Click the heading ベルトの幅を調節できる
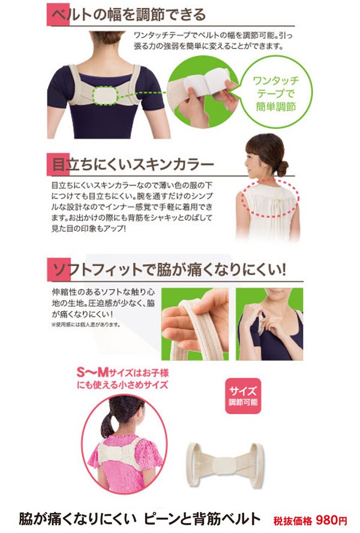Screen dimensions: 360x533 coord(128,14)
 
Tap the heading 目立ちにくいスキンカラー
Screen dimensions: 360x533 coord(133,164)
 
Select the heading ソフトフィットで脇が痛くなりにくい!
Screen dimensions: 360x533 coord(169,270)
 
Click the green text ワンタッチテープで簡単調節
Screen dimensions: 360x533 coord(276,94)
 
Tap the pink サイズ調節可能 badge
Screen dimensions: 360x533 coord(243,396)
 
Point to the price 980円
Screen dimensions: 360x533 coord(331,520)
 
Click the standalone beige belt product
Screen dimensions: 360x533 coord(224,465)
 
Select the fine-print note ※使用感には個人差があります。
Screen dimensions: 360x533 coord(86,324)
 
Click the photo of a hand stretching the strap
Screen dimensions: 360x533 coord(195,324)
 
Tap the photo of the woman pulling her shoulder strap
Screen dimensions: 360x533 coord(269,324)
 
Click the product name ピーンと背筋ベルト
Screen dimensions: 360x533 coord(202,519)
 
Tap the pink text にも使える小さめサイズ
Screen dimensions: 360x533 coord(122,385)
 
